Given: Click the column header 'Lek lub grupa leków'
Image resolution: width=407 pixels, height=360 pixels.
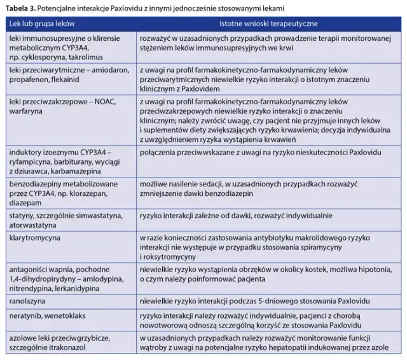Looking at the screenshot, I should [46, 24].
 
